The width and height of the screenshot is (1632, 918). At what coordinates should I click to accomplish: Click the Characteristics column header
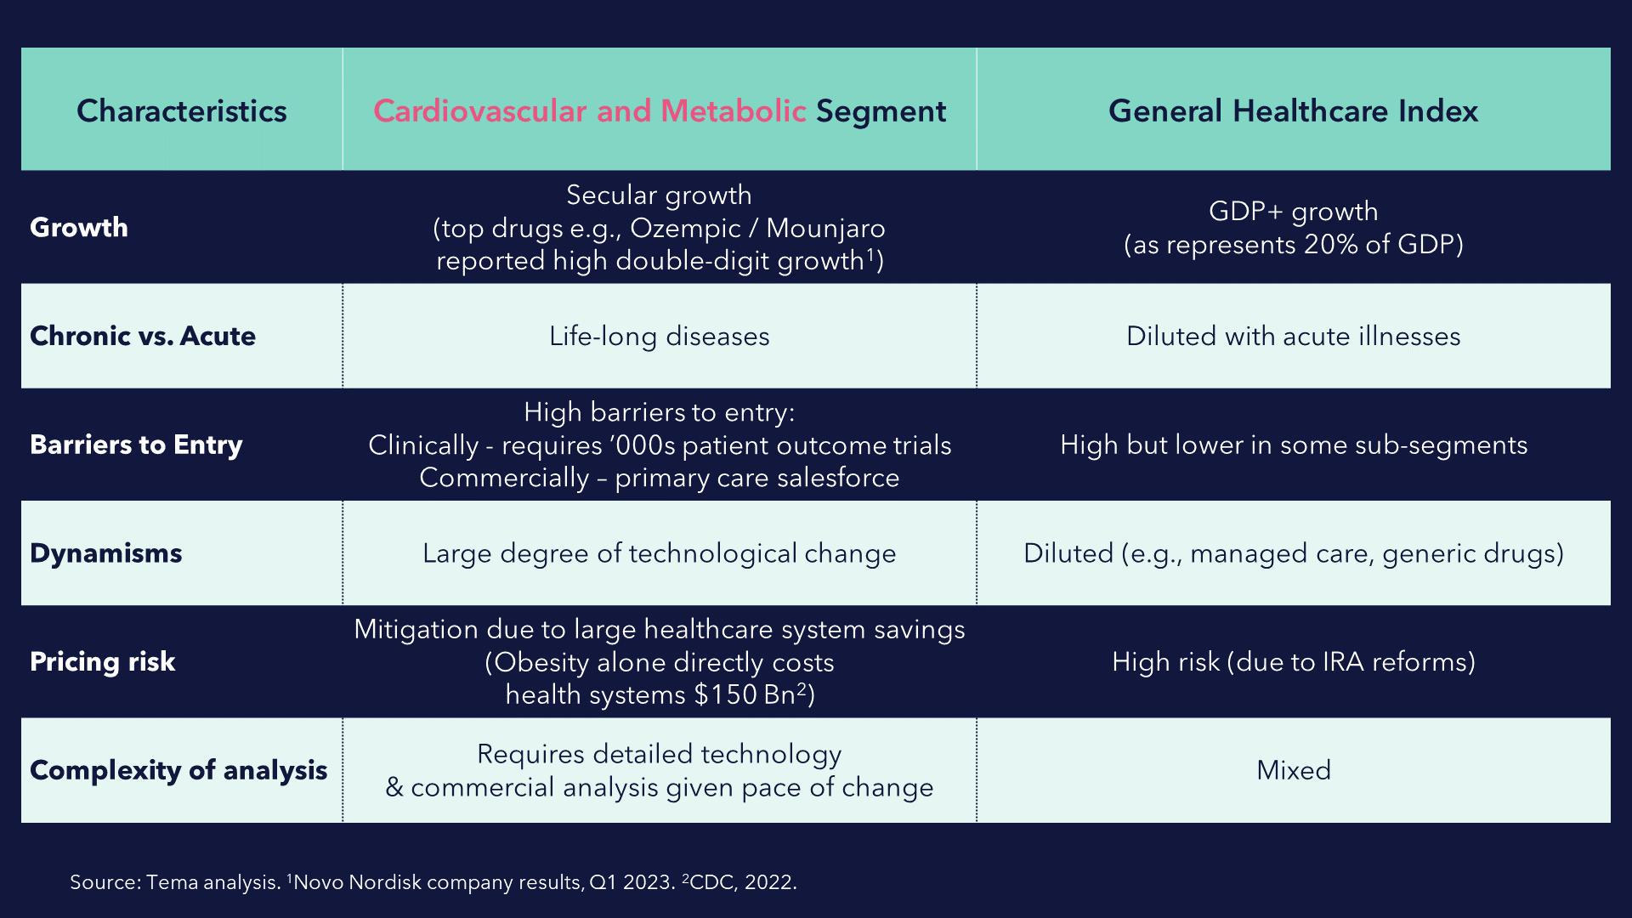pos(182,111)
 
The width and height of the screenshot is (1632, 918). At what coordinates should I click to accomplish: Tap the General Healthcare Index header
pos(1293,111)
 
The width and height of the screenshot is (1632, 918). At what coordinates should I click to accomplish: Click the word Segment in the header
pos(881,112)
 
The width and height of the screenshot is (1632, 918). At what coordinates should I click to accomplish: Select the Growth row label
pos(79,227)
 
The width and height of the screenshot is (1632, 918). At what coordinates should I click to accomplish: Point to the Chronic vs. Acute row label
pos(143,336)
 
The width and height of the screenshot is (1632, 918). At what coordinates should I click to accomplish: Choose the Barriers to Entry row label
pos(136,445)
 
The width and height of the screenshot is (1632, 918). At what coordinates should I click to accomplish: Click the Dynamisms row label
pos(106,553)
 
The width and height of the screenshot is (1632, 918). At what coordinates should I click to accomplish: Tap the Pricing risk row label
pos(103,661)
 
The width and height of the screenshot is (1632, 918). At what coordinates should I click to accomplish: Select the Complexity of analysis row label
pos(178,770)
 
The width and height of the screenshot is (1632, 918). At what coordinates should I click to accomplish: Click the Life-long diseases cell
pos(660,337)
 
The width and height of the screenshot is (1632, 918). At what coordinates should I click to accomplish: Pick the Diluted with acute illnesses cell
pos(1294,336)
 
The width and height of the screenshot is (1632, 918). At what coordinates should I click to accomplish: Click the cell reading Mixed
pos(1294,770)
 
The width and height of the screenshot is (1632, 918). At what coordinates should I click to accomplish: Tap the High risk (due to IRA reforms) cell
pos(1294,661)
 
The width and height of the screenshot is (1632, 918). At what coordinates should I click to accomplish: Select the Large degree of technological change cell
pos(660,553)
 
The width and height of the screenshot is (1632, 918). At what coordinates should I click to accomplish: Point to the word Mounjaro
pos(825,229)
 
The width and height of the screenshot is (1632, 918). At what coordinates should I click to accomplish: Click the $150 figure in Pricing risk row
pos(725,694)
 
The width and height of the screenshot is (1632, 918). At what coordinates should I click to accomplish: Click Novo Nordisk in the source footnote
pos(357,882)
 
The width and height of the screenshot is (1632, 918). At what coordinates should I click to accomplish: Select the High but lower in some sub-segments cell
pos(1294,445)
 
